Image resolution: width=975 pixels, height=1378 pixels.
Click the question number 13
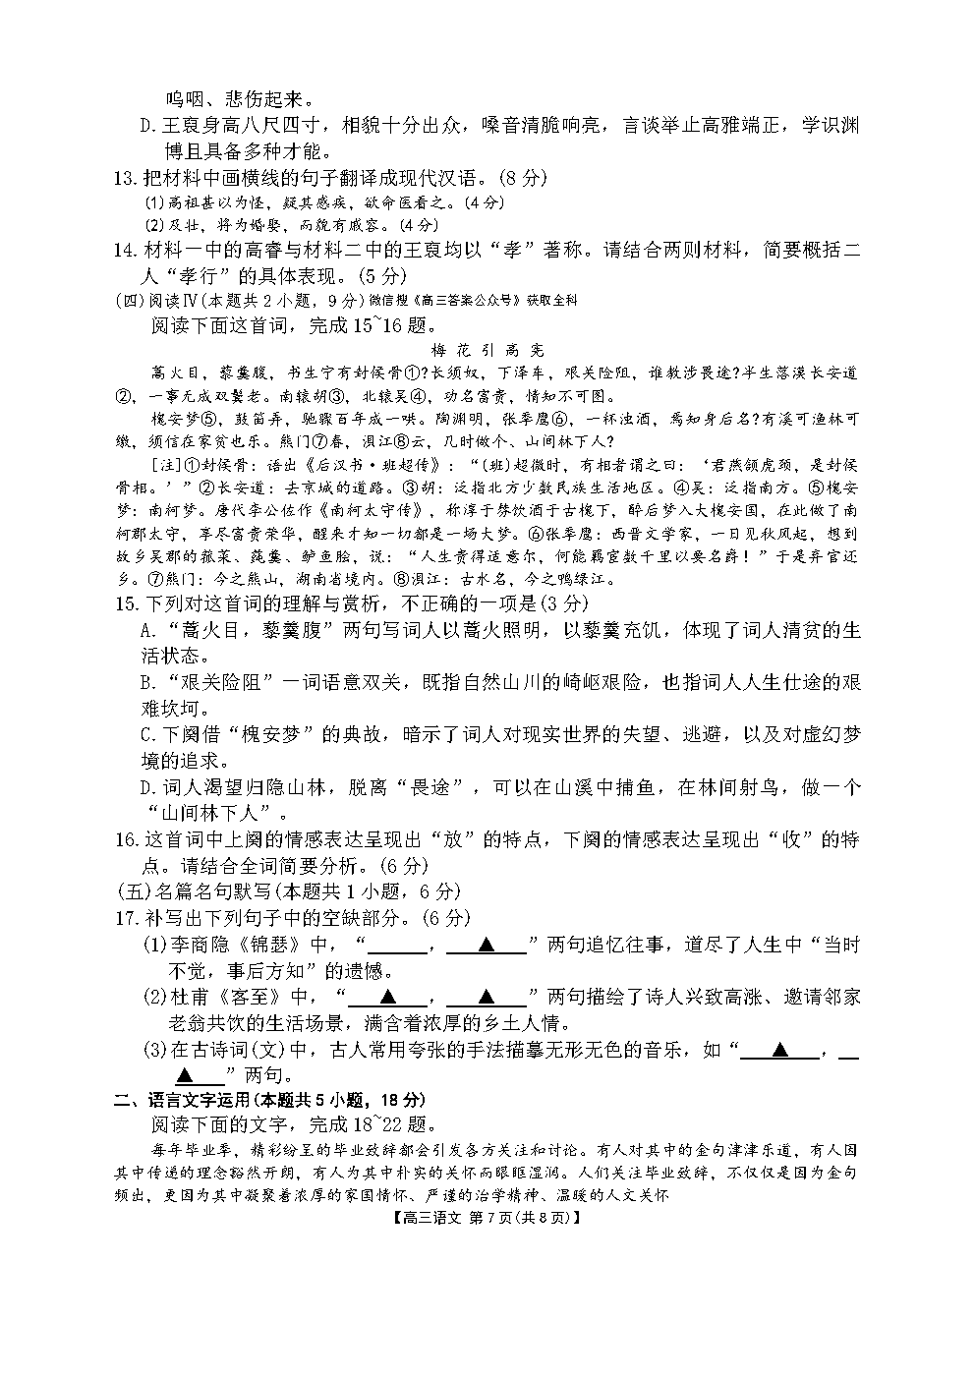124,178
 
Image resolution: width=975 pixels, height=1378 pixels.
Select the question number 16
124,839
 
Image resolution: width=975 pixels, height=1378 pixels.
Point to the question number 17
124,918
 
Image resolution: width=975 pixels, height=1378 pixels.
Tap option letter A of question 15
149,629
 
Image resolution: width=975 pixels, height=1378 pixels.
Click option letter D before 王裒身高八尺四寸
149,126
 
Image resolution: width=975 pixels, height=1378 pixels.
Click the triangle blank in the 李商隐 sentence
486,946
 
